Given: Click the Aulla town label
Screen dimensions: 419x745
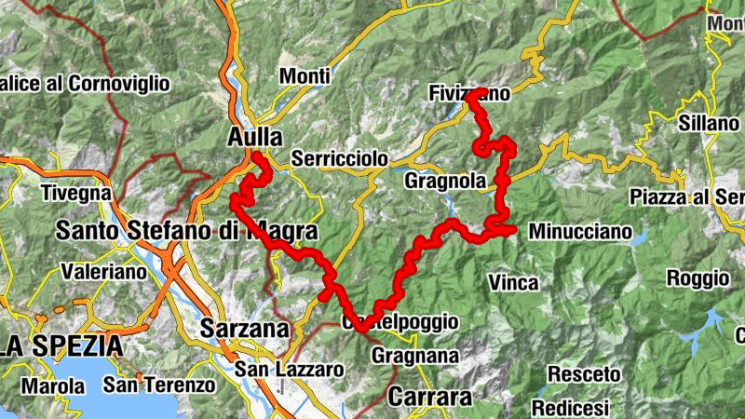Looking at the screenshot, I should click(254, 137).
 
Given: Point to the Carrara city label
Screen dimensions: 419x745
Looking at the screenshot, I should click(429, 396).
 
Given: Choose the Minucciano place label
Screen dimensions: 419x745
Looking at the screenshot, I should click(579, 231).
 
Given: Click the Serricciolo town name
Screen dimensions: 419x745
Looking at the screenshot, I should click(339, 159).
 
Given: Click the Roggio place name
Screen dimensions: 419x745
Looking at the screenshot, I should click(698, 277).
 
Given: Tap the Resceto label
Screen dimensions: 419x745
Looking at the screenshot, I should click(578, 373).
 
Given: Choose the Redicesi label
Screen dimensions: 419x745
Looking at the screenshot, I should click(570, 407).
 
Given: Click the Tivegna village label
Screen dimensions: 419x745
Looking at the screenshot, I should click(76, 194).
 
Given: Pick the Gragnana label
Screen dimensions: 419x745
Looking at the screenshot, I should click(415, 355).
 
